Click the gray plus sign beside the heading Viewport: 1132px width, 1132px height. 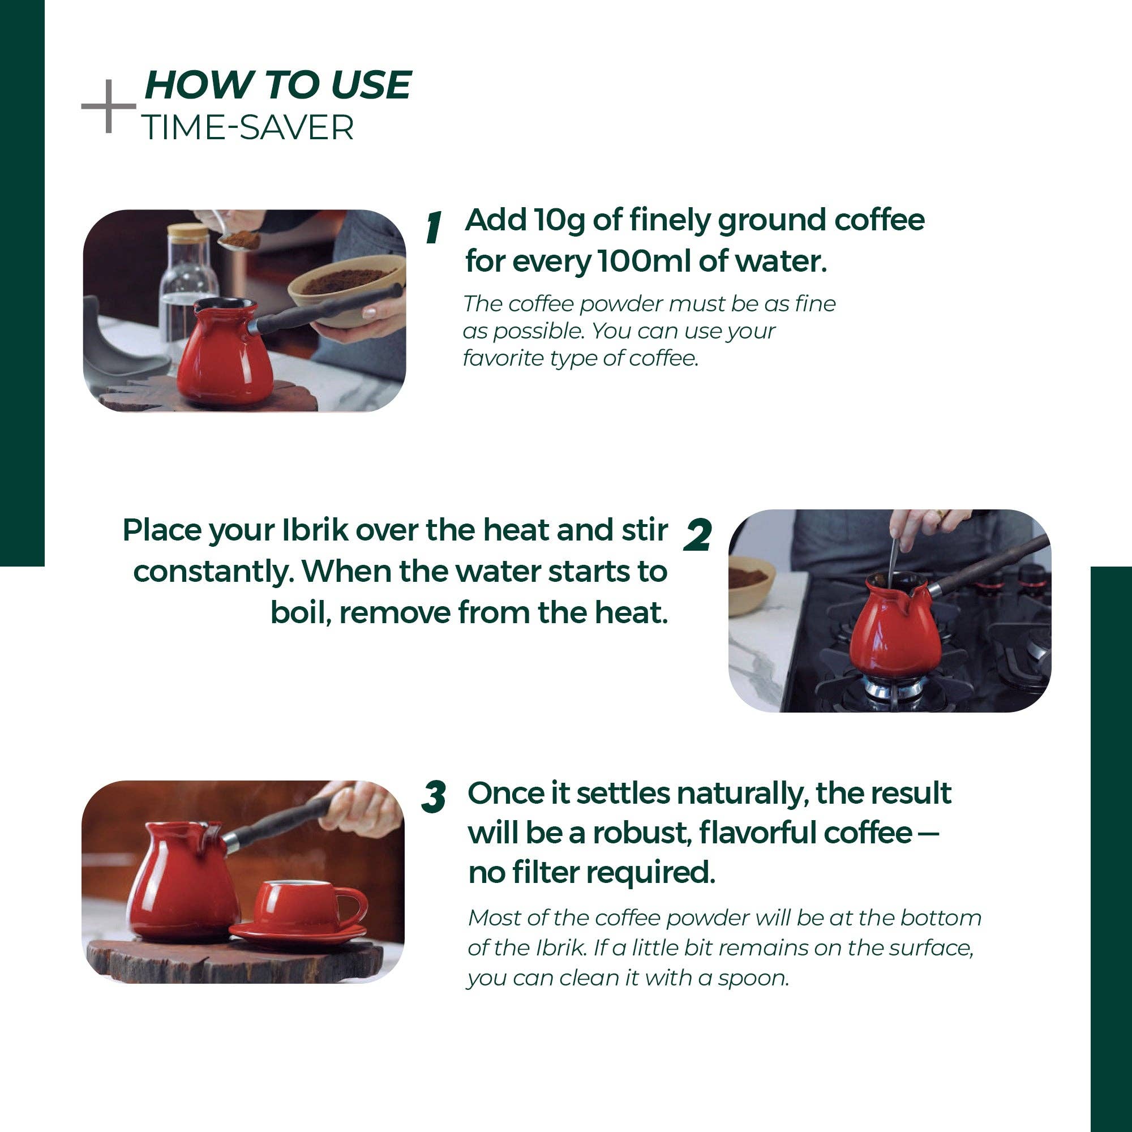(x=109, y=106)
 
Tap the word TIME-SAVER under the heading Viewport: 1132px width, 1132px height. (x=248, y=127)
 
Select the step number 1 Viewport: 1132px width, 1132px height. (x=434, y=228)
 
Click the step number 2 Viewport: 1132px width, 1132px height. (x=698, y=535)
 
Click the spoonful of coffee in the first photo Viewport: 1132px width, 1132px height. (x=243, y=239)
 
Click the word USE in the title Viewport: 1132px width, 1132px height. (x=371, y=85)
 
